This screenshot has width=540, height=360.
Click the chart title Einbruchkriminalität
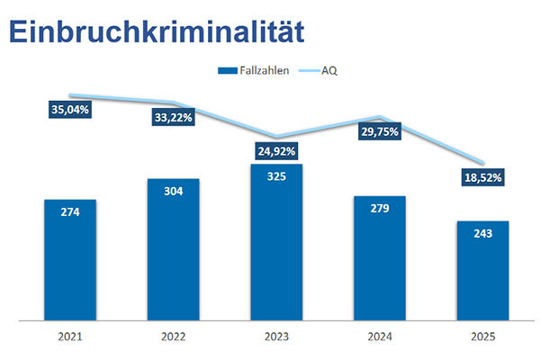[x=155, y=30]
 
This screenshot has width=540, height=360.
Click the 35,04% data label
[x=69, y=110]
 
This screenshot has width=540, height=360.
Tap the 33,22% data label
[x=174, y=117]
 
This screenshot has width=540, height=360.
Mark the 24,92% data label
[x=277, y=150]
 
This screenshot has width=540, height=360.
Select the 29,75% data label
[x=381, y=130]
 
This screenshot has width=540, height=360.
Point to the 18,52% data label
[x=483, y=175]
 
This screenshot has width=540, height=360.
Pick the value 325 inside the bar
[x=277, y=177]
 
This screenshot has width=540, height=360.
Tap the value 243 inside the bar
[x=483, y=234]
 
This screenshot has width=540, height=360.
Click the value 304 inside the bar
[x=174, y=192]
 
